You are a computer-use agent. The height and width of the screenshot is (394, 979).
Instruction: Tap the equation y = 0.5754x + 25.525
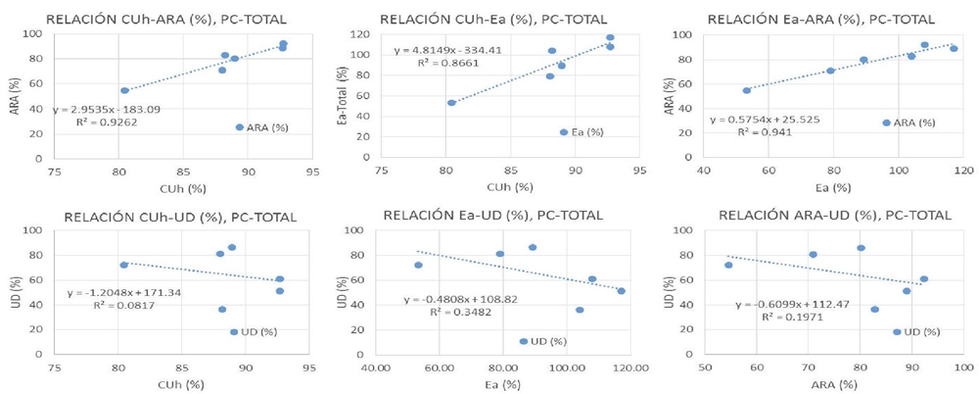[769, 121]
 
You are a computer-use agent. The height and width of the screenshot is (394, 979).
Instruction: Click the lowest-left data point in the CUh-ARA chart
[124, 90]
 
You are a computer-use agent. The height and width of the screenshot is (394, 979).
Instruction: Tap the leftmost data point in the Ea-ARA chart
[747, 90]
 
